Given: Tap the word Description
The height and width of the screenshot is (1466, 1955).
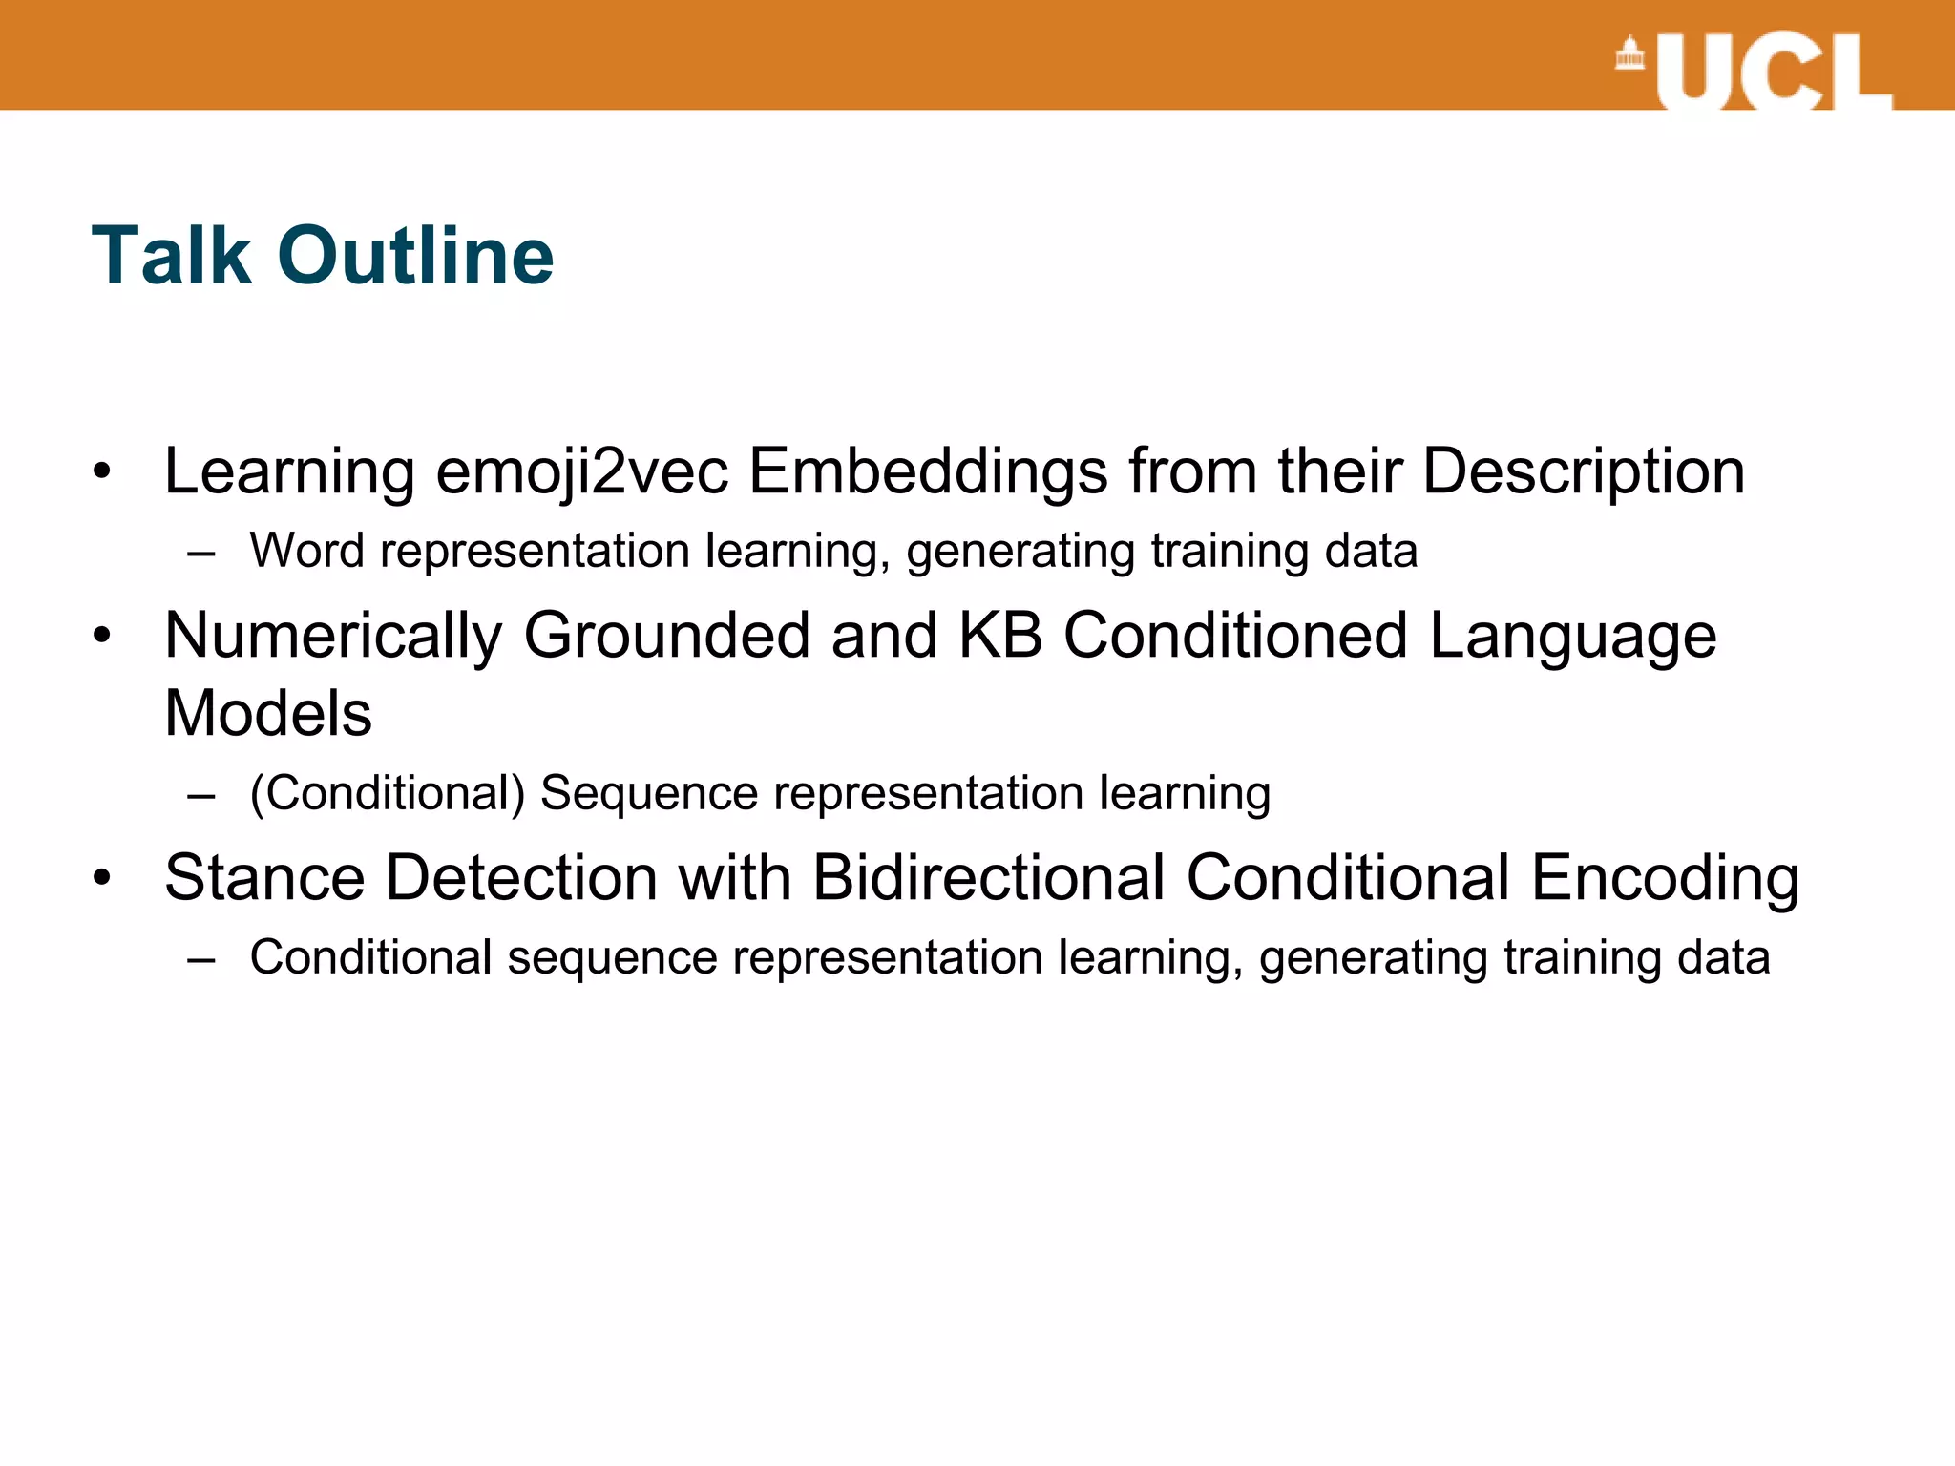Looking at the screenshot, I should (1584, 471).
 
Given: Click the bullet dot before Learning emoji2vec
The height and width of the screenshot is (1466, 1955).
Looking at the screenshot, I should (102, 471).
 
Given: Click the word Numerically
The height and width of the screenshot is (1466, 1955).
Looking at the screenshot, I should (333, 636).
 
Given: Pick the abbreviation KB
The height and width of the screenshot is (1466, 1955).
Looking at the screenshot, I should (999, 636).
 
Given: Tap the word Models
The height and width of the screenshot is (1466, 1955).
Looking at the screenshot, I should (268, 714).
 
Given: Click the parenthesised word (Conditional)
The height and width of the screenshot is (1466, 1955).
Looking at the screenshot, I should (388, 793).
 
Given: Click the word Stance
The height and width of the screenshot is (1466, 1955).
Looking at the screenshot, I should (264, 878).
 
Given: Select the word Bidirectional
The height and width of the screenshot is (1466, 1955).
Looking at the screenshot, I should (989, 878).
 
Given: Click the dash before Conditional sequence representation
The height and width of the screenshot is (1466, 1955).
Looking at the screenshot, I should (201, 958).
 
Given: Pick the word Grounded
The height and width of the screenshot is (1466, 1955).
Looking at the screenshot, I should (666, 636).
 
